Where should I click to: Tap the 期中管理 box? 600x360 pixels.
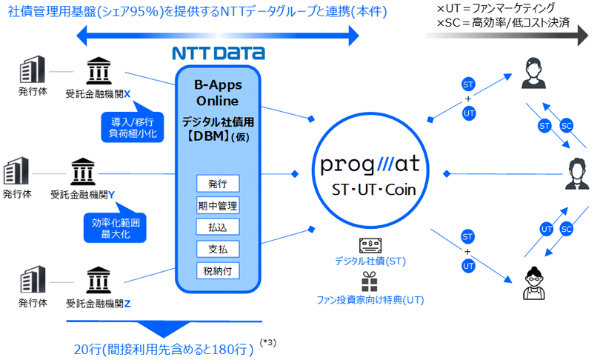coord(218,205)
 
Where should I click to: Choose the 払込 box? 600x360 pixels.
coord(218,227)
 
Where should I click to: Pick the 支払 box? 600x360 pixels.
coord(218,248)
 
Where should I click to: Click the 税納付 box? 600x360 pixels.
coord(218,270)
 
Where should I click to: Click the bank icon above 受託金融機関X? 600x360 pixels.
coord(97,73)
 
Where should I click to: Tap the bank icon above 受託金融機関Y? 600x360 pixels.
coord(81,173)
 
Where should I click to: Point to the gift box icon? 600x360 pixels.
coord(370,281)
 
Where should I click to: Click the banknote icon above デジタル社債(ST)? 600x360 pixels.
coord(370,246)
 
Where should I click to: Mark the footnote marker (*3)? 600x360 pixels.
coord(269,342)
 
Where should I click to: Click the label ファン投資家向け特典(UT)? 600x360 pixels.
coord(370,300)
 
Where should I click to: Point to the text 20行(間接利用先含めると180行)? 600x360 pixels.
coord(164,349)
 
